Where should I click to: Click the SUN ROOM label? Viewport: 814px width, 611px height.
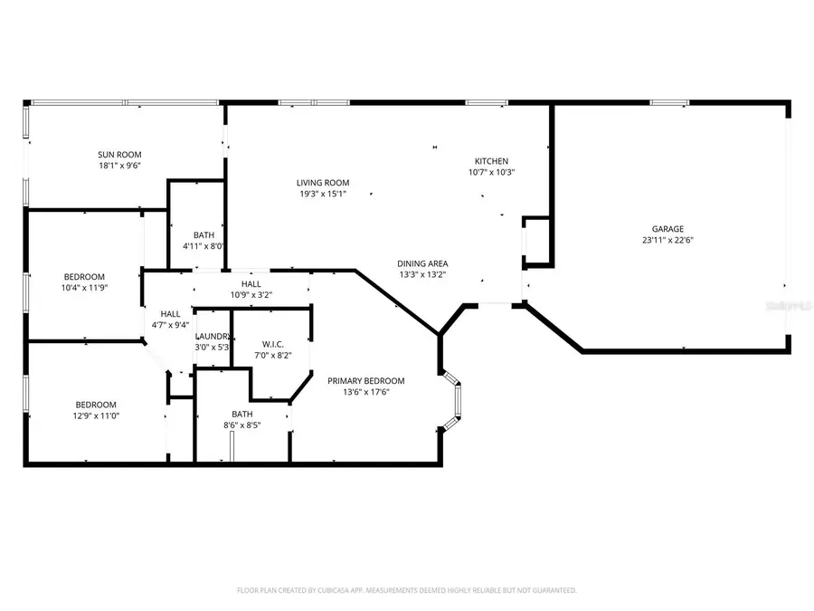[119, 154]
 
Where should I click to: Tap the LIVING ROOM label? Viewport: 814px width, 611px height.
[323, 183]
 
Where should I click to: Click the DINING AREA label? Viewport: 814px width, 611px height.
[422, 263]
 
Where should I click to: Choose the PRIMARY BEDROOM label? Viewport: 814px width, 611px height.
[365, 381]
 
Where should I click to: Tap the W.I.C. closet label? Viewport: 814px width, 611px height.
[273, 344]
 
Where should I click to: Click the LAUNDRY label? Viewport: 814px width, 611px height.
[213, 336]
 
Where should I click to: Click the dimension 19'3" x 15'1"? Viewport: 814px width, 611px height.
[323, 194]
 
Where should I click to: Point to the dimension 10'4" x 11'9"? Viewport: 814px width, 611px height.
[84, 288]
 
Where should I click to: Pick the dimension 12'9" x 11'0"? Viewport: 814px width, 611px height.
[95, 415]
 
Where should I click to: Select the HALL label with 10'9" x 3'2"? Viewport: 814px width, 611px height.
[251, 284]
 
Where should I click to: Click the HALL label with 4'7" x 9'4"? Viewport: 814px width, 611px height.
[169, 313]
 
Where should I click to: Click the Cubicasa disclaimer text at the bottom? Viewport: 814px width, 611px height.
[406, 590]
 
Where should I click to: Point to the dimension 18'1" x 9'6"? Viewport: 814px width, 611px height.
[119, 166]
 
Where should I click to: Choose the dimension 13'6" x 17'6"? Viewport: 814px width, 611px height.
[365, 393]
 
